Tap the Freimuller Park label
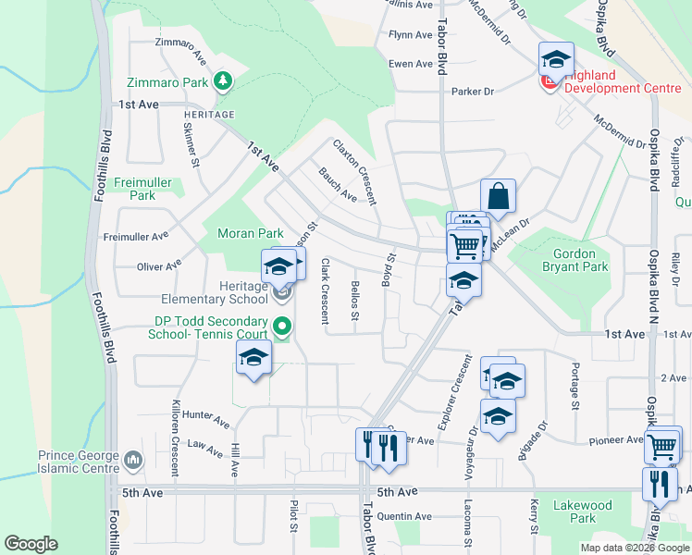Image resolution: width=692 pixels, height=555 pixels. (142, 189)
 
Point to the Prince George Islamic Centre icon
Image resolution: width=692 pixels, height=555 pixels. (134, 459)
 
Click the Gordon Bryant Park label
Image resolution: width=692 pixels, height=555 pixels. (580, 260)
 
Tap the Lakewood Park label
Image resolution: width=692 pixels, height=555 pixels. (583, 512)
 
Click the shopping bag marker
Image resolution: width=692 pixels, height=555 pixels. (498, 197)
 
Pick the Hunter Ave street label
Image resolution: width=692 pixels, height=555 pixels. (205, 421)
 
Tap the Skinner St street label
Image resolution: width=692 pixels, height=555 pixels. (192, 145)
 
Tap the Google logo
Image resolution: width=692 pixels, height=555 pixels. (31, 544)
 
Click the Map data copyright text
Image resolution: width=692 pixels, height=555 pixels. (635, 548)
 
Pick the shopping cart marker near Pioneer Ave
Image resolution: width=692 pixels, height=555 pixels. (663, 445)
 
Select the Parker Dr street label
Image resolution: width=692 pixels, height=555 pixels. (473, 92)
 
